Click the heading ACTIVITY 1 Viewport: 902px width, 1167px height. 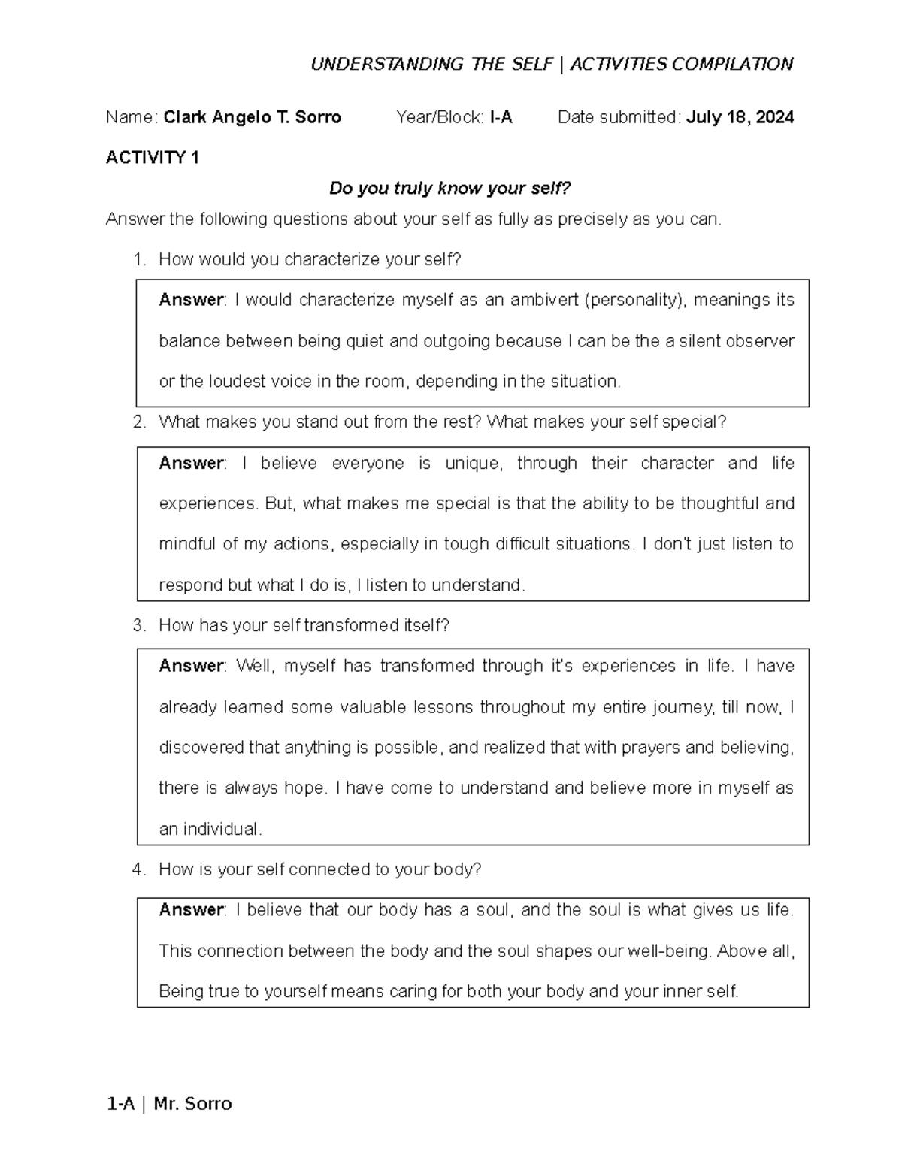(x=153, y=158)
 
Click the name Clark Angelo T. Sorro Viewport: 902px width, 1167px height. (x=252, y=117)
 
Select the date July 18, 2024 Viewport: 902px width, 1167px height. (x=740, y=117)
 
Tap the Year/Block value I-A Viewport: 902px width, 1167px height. (x=501, y=117)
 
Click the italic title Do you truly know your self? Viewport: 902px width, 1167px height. (x=450, y=189)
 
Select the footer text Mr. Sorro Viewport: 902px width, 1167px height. (x=192, y=1104)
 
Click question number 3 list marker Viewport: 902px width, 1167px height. (x=138, y=626)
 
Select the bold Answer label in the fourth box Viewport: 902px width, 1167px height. (x=191, y=910)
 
